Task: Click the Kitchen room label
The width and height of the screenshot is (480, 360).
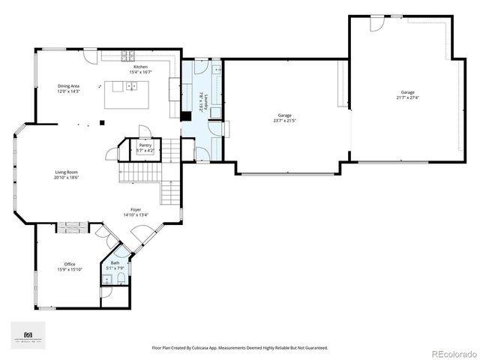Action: [140, 67]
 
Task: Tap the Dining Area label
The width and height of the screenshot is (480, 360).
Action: [69, 86]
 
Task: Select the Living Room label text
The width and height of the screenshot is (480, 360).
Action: [66, 172]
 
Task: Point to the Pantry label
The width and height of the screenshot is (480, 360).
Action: [145, 145]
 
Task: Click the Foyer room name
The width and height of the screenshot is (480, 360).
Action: [136, 210]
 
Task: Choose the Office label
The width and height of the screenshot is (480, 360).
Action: [69, 264]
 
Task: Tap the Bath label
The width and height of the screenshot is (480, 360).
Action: [115, 262]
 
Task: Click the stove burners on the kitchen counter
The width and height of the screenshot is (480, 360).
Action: [128, 54]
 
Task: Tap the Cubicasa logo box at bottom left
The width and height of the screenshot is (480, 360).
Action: [28, 335]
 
